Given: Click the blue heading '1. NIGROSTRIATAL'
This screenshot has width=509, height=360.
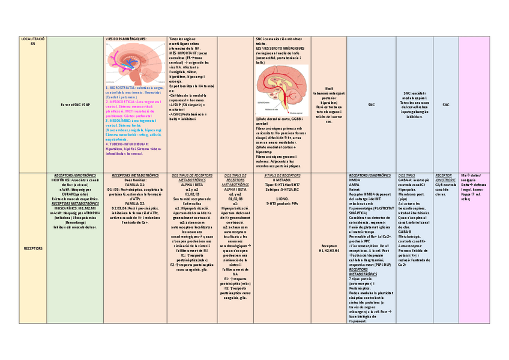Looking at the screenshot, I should click(x=122, y=87).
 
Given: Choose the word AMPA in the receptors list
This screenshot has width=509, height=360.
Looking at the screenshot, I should click(x=354, y=184).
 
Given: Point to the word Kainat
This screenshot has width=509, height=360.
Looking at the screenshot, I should click(x=355, y=188).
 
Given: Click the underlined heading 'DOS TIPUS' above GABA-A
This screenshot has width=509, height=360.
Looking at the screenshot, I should click(x=406, y=175).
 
